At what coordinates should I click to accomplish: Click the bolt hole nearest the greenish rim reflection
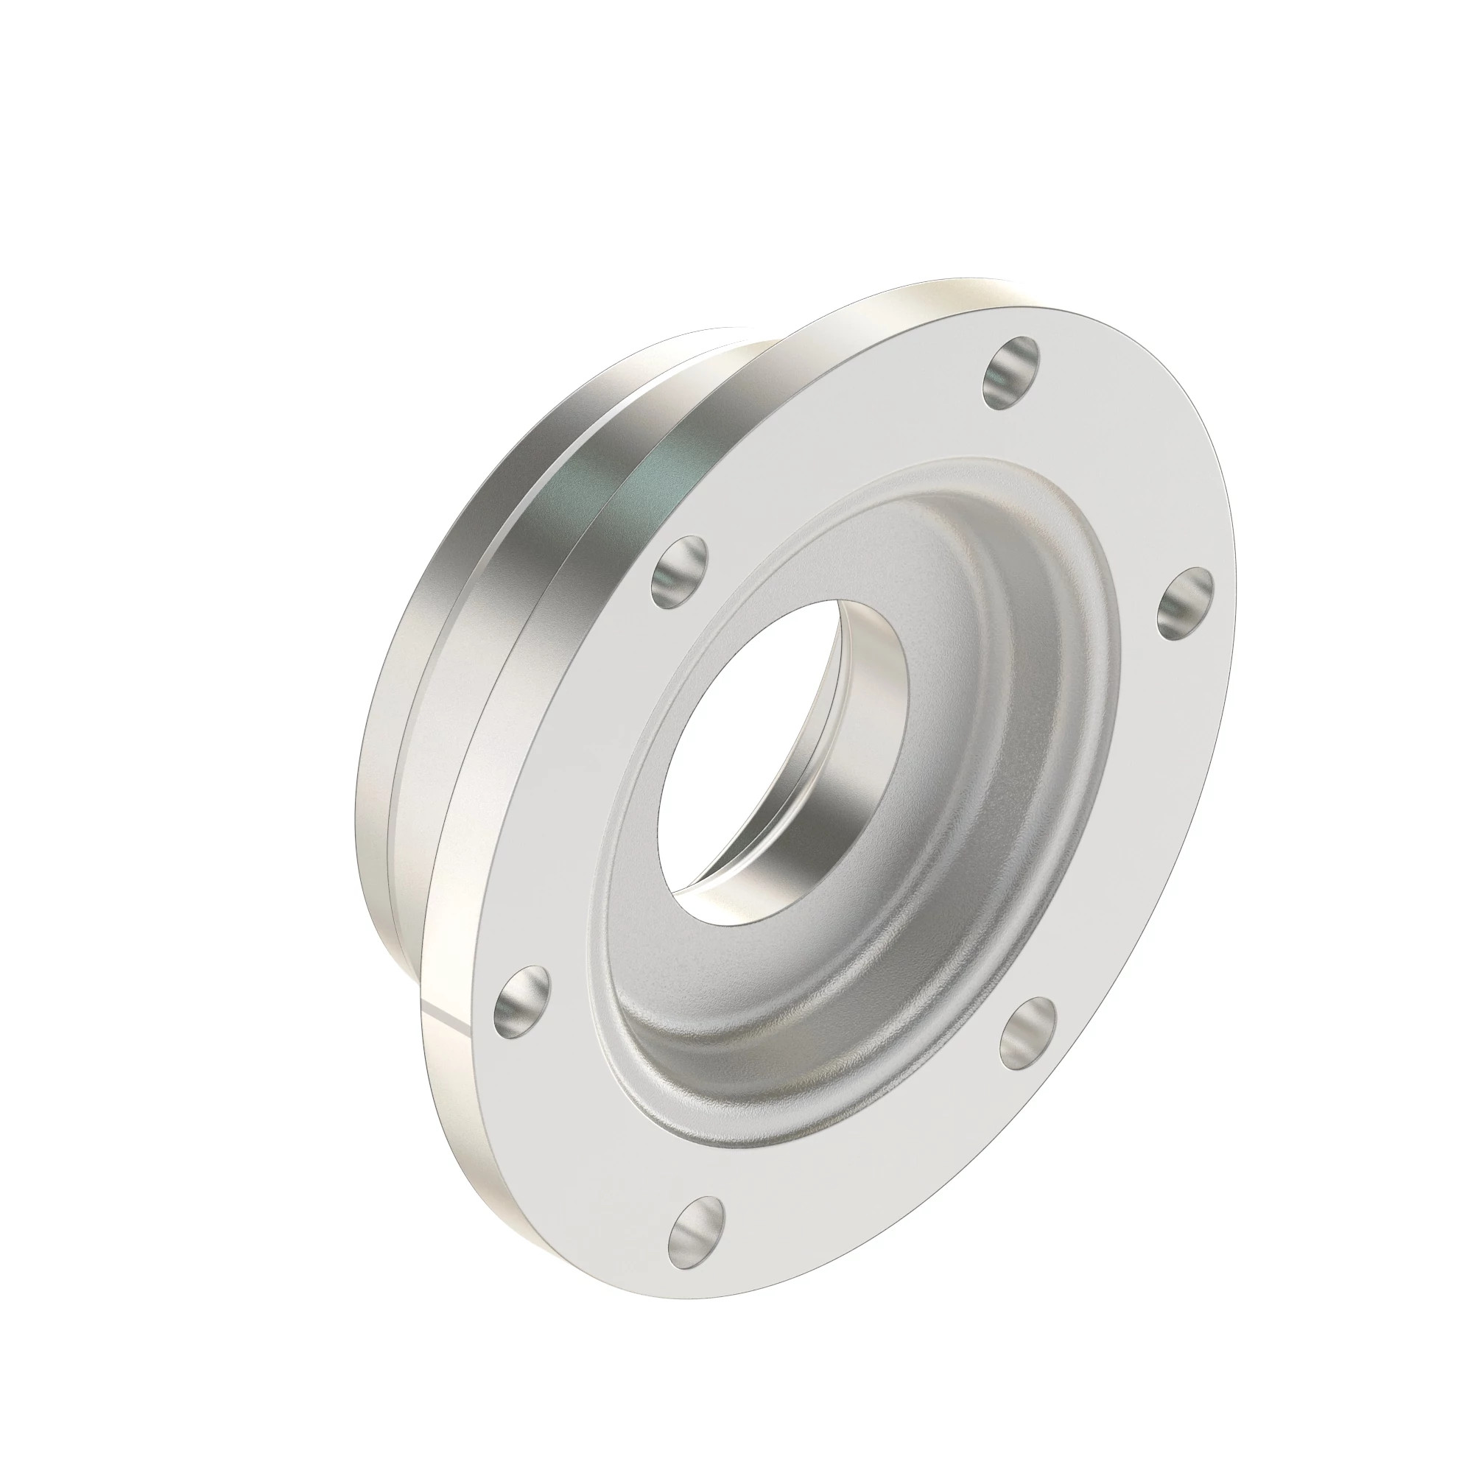point(678,572)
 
